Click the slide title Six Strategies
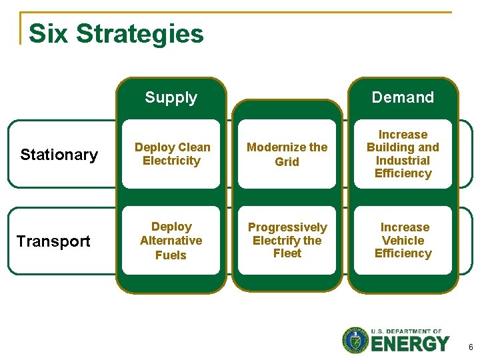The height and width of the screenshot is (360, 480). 116,33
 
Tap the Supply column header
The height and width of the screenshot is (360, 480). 171,97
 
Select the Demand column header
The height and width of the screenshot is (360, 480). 403,97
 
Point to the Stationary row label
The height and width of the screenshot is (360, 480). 59,155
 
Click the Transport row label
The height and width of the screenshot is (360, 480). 53,241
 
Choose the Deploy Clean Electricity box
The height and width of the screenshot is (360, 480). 171,154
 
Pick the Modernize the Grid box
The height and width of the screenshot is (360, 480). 287,154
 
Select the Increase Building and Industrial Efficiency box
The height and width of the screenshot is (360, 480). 403,154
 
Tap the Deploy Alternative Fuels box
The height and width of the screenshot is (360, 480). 171,241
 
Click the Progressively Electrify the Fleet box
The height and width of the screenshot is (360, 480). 287,240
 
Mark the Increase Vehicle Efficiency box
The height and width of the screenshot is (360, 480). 403,240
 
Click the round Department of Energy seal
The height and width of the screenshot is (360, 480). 355,340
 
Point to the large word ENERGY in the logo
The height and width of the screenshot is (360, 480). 410,344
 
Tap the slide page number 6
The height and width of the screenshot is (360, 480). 470,347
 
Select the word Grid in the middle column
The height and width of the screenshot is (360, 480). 287,162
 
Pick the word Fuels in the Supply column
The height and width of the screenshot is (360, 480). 171,255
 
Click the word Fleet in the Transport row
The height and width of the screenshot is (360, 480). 287,253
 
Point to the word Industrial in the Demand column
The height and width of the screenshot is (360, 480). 403,161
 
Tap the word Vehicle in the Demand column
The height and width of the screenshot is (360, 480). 403,241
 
